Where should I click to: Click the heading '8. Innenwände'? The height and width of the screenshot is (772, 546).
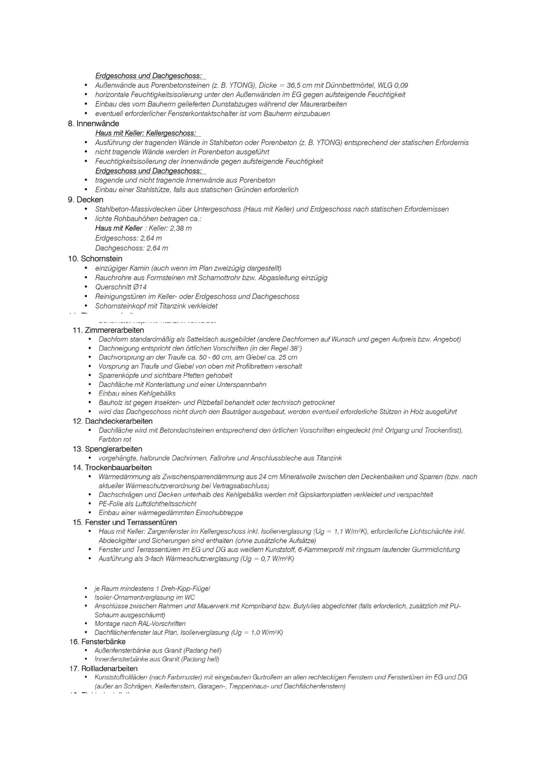pyautogui.click(x=94, y=124)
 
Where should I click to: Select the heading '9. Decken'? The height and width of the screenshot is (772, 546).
pyautogui.click(x=85, y=200)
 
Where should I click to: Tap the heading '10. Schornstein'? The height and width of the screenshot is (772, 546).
pyautogui.click(x=95, y=259)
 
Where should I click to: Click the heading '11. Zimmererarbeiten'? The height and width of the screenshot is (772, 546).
pyautogui.click(x=108, y=330)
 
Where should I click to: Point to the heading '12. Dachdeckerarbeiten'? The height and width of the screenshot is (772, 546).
pyautogui.click(x=112, y=421)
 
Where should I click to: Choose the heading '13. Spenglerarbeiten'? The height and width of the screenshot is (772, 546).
pyautogui.click(x=107, y=449)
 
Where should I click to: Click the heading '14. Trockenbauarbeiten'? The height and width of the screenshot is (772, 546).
pyautogui.click(x=112, y=468)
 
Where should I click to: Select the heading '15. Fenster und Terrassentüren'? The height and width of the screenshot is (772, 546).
pyautogui.click(x=124, y=523)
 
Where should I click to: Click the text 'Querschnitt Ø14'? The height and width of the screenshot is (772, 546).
pyautogui.click(x=121, y=287)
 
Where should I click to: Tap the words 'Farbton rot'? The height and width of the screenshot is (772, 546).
pyautogui.click(x=115, y=440)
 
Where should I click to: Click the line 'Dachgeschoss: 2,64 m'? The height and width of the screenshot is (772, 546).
pyautogui.click(x=131, y=248)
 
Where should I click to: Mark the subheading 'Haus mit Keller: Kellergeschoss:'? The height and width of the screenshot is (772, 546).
pyautogui.click(x=145, y=133)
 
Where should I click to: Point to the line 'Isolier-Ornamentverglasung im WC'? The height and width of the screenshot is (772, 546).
pyautogui.click(x=138, y=597)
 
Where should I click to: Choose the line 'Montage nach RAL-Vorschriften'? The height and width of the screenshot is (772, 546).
pyautogui.click(x=140, y=624)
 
